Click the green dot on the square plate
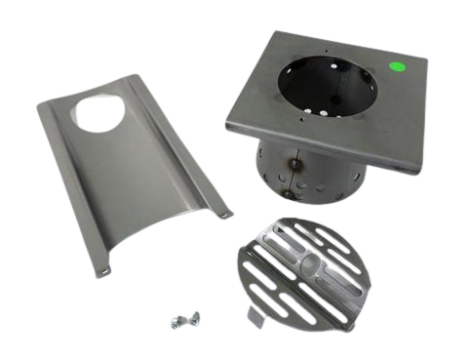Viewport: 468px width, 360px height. click(x=396, y=68)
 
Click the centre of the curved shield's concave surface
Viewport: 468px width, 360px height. click(x=136, y=185)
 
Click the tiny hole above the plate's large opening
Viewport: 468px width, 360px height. click(x=323, y=45)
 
